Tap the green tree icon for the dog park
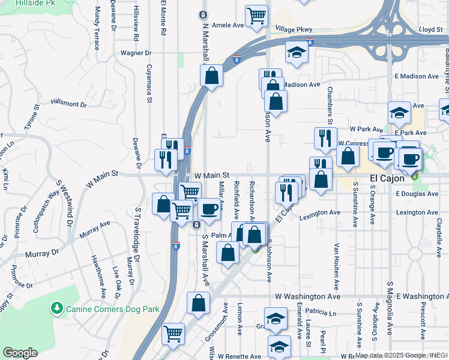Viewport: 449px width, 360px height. pyautogui.click(x=58, y=308)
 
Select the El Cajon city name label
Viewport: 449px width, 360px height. pyautogui.click(x=389, y=178)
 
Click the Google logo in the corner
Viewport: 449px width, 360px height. pyautogui.click(x=20, y=353)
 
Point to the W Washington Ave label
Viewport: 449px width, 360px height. pyautogui.click(x=307, y=296)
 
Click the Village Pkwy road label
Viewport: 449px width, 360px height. pyautogui.click(x=294, y=28)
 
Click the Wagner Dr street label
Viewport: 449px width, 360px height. pyautogui.click(x=134, y=53)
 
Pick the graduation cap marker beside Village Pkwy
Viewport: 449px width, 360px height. pyautogui.click(x=297, y=53)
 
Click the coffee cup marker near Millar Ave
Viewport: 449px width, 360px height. pyautogui.click(x=209, y=209)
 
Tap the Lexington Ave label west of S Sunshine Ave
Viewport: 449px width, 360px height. pyautogui.click(x=320, y=212)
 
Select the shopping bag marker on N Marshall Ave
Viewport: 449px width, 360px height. pyautogui.click(x=211, y=76)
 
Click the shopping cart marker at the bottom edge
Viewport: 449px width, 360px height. pyautogui.click(x=173, y=333)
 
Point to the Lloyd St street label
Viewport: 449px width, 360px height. pyautogui.click(x=430, y=28)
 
